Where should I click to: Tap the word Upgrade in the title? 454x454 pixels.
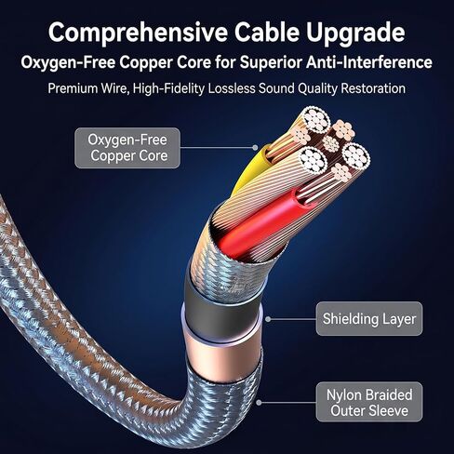coord(356,33)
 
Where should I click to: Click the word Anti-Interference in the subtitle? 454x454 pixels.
coord(369,62)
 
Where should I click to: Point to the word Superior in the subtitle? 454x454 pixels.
coord(271,63)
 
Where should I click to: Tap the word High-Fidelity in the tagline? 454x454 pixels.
coord(168,88)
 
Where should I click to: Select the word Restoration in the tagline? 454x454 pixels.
coord(373,88)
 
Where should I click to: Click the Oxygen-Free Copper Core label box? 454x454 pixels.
coord(127,148)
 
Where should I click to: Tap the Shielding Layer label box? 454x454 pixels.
coord(369,319)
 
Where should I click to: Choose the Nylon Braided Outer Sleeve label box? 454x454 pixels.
coord(369,402)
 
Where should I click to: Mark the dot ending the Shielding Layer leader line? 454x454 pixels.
coord(268,319)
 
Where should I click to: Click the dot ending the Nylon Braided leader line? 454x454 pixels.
coord(259,403)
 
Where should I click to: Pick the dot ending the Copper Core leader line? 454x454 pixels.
coord(255,148)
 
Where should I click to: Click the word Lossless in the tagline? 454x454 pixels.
coord(232,88)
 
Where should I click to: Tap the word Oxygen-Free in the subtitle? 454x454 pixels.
coord(68,63)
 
